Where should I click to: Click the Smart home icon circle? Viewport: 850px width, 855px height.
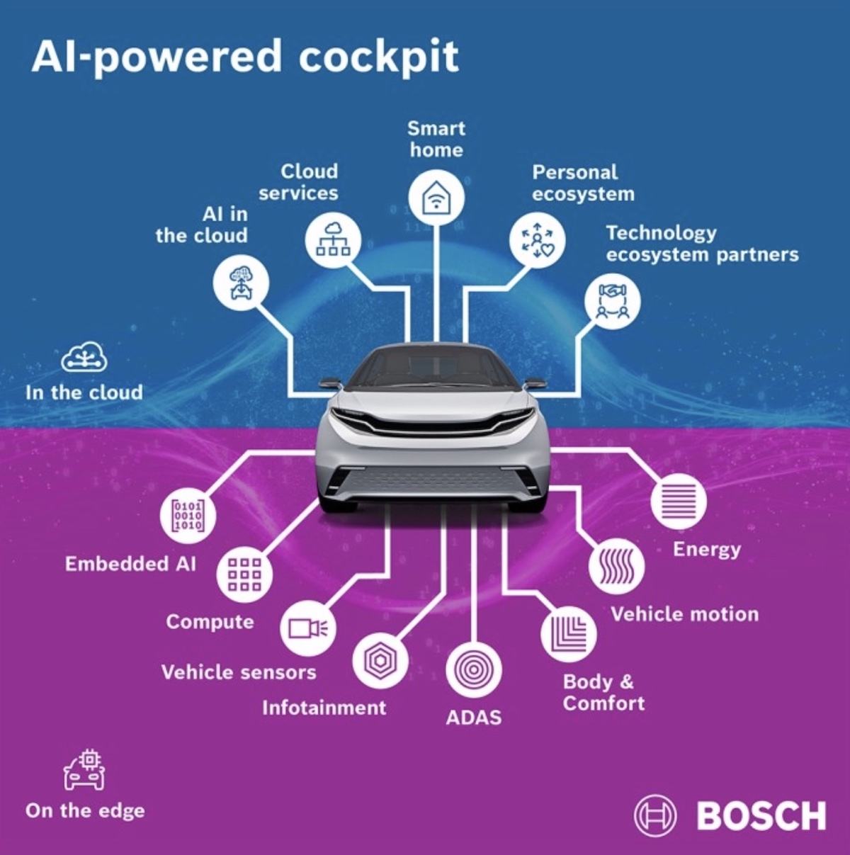click(x=436, y=198)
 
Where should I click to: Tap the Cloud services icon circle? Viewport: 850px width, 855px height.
click(x=333, y=240)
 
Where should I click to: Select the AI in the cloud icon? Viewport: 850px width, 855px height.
click(x=241, y=283)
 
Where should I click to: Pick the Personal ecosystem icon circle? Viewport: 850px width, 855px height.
click(x=537, y=240)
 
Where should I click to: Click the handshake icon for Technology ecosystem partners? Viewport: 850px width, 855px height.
click(x=613, y=301)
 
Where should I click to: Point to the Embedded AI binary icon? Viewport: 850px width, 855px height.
click(x=188, y=516)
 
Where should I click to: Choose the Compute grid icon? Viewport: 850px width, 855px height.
click(x=244, y=574)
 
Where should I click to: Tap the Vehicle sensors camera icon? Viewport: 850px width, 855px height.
click(x=308, y=628)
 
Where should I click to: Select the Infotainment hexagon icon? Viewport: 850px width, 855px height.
click(x=380, y=661)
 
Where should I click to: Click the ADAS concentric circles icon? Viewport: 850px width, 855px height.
click(x=474, y=669)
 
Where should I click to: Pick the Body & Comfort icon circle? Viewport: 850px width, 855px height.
click(x=569, y=635)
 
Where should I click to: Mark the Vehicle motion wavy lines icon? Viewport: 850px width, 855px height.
click(x=616, y=567)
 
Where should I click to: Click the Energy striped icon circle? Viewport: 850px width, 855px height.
click(x=679, y=502)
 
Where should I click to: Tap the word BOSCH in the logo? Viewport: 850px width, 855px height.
click(x=761, y=815)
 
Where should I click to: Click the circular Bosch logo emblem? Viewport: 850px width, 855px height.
click(x=656, y=815)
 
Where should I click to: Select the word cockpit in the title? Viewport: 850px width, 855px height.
click(x=379, y=57)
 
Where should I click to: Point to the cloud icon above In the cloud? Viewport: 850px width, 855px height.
click(x=84, y=357)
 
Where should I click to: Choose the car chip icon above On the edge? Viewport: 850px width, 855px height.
click(x=84, y=770)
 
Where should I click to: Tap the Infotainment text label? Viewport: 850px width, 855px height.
click(x=324, y=708)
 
